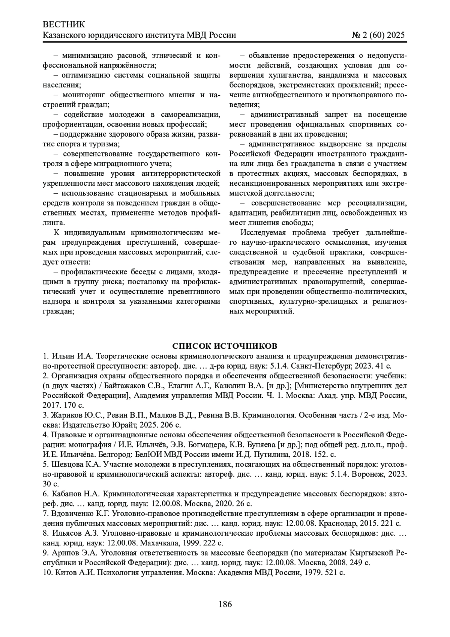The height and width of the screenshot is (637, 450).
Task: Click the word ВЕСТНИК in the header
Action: pyautogui.click(x=64, y=25)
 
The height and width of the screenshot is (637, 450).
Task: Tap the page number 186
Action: pyautogui.click(x=225, y=604)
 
